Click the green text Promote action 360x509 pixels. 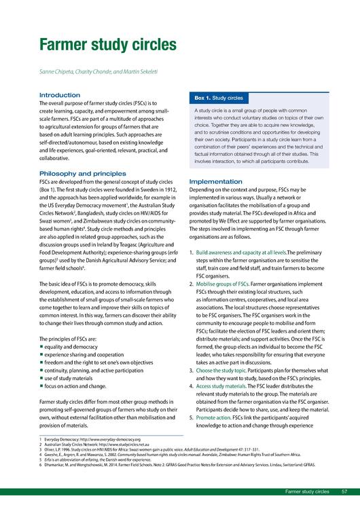[213, 419]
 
